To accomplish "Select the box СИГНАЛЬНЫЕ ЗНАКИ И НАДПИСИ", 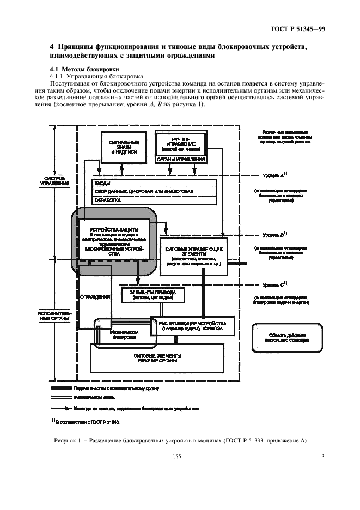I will point(124,147).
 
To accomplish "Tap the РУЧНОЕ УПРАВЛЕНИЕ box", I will point(181,143).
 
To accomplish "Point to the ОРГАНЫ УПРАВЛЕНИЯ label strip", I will point(181,160).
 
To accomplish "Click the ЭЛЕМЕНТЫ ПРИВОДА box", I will point(152,295).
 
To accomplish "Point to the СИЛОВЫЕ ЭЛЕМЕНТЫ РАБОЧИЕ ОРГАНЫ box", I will point(157,359).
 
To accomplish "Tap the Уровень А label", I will point(275,175).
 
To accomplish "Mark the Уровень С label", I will point(275,284).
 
